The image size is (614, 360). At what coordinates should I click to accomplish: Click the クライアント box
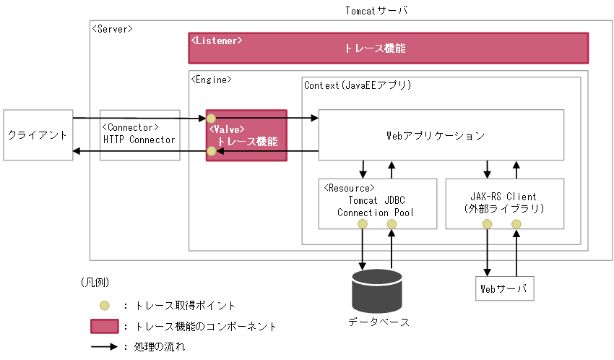[x=38, y=135]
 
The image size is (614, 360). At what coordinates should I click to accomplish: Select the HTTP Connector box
[x=139, y=135]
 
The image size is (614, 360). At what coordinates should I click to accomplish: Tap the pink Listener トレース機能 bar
[x=389, y=48]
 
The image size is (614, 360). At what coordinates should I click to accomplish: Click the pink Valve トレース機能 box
[x=246, y=136]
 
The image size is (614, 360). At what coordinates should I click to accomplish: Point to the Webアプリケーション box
[x=441, y=135]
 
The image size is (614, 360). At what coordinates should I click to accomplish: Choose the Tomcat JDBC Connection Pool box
[x=378, y=203]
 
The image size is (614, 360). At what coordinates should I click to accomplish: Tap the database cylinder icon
[x=376, y=291]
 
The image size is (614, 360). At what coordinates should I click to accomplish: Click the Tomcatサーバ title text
[x=377, y=10]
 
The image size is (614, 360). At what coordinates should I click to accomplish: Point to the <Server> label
[x=112, y=28]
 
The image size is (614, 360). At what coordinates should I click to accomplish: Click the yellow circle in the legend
[x=105, y=306]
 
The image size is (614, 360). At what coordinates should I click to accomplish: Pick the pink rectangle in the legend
[x=105, y=326]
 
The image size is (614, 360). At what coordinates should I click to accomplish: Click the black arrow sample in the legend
[x=104, y=346]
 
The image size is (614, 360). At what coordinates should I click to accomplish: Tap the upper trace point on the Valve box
[x=211, y=117]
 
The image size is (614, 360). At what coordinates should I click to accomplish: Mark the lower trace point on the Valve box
[x=211, y=151]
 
